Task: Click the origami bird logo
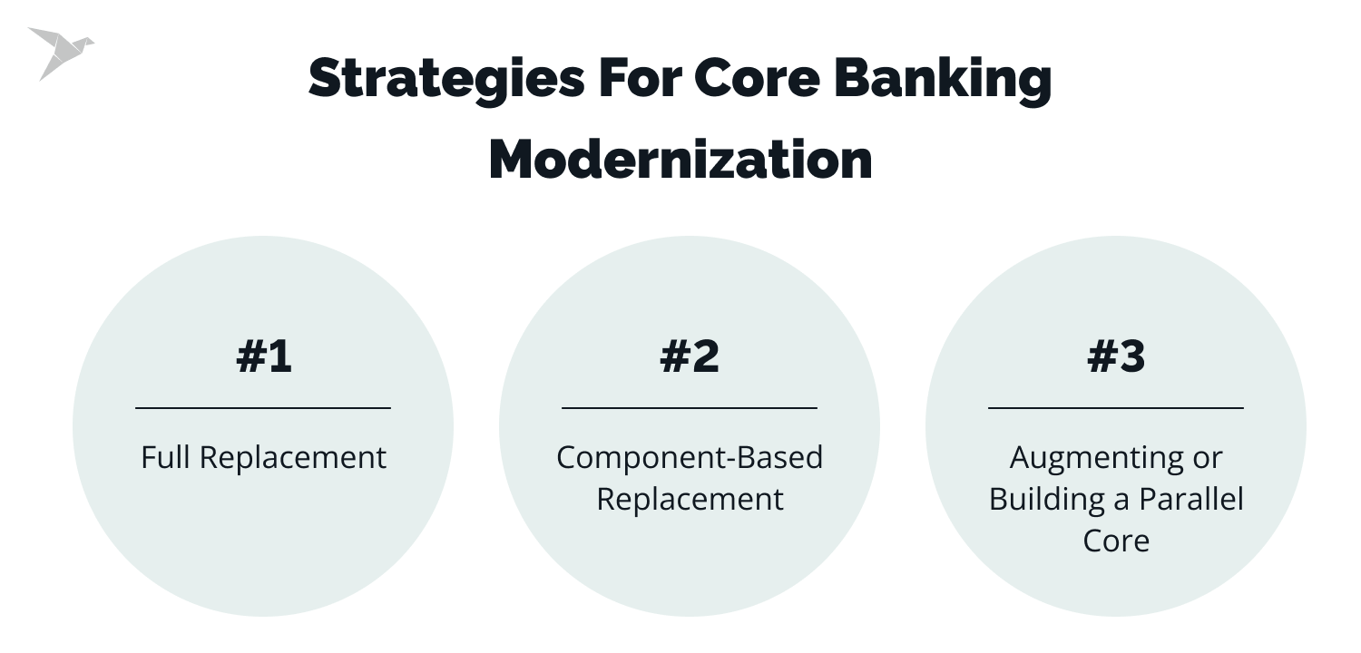[x=59, y=52]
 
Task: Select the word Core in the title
[x=759, y=79]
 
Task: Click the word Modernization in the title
[x=680, y=160]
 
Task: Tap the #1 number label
[x=263, y=356]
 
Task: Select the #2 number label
[x=690, y=356]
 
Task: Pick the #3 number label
[x=1116, y=356]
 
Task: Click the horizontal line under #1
[x=263, y=408]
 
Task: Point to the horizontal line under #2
[x=690, y=408]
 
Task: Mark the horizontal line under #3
[x=1116, y=408]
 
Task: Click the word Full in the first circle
[x=166, y=457]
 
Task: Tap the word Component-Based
[x=690, y=458]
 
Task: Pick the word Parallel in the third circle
[x=1192, y=500]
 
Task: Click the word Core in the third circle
[x=1116, y=541]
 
